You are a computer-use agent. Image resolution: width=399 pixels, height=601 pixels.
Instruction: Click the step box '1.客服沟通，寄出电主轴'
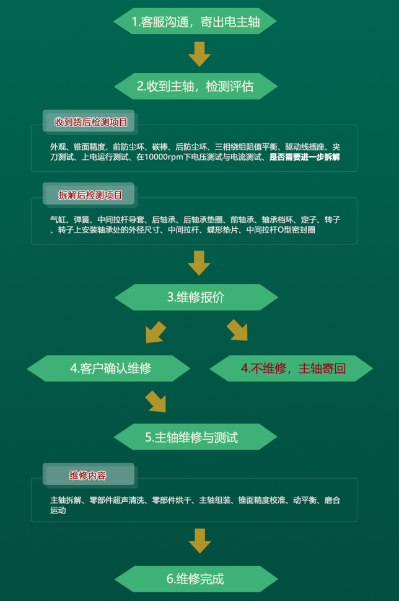click(x=195, y=22)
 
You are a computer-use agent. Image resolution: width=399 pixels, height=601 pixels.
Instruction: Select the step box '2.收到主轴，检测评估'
click(x=196, y=86)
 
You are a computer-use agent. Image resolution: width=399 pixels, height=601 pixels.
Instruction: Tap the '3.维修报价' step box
click(x=196, y=297)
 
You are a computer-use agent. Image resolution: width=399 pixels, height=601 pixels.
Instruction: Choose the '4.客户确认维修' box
click(x=108, y=368)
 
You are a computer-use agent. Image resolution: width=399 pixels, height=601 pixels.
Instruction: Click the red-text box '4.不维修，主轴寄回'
click(x=291, y=368)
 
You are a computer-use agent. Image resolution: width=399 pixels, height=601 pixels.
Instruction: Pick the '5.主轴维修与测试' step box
click(x=195, y=437)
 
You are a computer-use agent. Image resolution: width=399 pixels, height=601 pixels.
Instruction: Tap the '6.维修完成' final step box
click(x=196, y=579)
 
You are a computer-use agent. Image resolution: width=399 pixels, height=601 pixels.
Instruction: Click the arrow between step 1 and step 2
click(x=199, y=54)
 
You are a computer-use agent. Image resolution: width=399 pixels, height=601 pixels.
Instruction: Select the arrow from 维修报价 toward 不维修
click(x=237, y=330)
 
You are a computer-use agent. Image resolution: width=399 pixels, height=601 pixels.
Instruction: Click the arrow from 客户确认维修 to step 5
click(x=156, y=402)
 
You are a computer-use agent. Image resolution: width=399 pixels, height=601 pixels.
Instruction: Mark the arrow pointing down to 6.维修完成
click(x=200, y=541)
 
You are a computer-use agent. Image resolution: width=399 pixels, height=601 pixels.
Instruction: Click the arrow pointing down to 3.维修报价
click(x=199, y=263)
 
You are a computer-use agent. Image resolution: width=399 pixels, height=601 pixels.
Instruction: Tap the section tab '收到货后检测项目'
click(x=90, y=122)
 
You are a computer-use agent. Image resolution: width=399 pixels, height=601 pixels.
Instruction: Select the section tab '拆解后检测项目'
click(x=90, y=195)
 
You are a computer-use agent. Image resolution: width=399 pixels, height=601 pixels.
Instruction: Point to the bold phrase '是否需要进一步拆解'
click(x=305, y=157)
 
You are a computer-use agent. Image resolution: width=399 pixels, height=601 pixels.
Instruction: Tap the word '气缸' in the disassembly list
click(x=58, y=220)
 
